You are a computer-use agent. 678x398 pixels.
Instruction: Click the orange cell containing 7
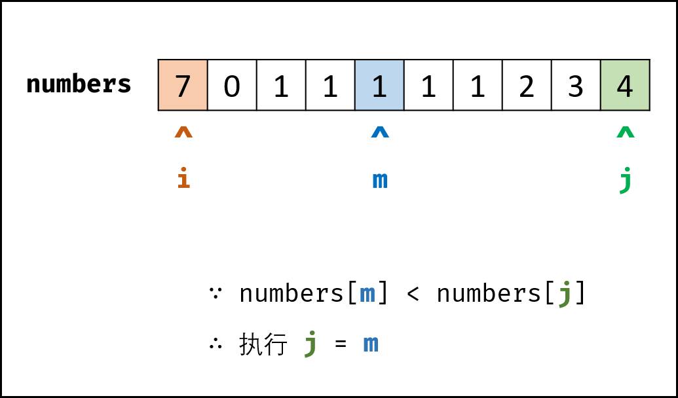click(183, 85)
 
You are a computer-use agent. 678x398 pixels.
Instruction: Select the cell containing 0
click(232, 85)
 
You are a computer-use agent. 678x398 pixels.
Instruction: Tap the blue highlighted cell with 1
click(380, 85)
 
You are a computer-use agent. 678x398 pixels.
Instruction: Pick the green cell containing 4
click(625, 85)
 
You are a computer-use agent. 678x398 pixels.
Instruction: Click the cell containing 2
click(527, 85)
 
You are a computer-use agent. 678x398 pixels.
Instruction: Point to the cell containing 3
click(576, 85)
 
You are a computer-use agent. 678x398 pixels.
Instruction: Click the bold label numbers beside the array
click(79, 83)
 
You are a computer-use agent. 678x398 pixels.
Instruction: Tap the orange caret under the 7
click(183, 132)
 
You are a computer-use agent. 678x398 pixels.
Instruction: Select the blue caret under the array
click(380, 132)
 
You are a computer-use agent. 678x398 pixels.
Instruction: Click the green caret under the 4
click(626, 132)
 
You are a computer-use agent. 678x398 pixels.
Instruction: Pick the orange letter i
click(184, 177)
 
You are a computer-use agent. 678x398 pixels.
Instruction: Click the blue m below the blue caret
click(380, 180)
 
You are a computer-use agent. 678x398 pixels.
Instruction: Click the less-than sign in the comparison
click(413, 294)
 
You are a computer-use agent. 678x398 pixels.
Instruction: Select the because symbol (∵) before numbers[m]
click(216, 293)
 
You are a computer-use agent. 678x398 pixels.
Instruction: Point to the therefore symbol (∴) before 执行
click(216, 344)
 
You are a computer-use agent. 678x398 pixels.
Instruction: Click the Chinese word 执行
click(263, 344)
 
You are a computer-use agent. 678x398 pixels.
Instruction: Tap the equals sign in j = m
click(341, 344)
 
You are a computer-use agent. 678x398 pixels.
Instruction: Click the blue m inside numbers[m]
click(367, 295)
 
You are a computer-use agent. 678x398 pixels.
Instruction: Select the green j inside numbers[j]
click(565, 294)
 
